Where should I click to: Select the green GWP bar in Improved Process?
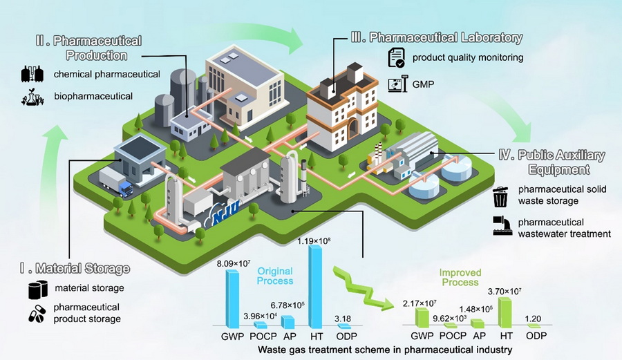(421, 317)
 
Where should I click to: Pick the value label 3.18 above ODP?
(343, 318)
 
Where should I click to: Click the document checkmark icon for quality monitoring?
(396, 58)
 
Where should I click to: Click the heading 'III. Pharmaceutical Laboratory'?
(446, 37)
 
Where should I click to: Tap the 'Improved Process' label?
(460, 278)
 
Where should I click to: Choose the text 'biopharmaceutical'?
(93, 96)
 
